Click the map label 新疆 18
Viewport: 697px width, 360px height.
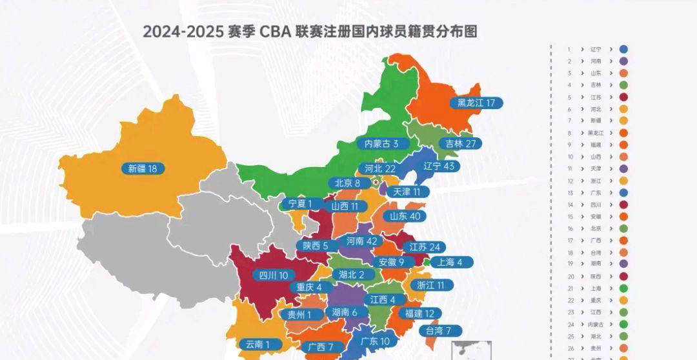(143, 169)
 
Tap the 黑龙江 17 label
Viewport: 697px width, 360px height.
(476, 103)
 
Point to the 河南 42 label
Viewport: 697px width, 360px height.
(362, 241)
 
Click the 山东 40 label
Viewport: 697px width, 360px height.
(405, 216)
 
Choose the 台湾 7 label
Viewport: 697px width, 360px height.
(439, 331)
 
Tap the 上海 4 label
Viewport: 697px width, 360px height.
(454, 262)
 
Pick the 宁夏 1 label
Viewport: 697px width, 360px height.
(300, 204)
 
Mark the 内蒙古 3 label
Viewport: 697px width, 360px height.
(386, 144)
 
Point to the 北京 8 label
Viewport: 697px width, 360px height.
(348, 183)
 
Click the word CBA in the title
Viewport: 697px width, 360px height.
(275, 32)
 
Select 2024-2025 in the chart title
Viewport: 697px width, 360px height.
(182, 32)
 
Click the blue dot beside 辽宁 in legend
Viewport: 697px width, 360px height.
(623, 49)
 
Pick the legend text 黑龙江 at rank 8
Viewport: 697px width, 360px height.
(595, 133)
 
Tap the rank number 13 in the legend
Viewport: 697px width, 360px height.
(569, 193)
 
